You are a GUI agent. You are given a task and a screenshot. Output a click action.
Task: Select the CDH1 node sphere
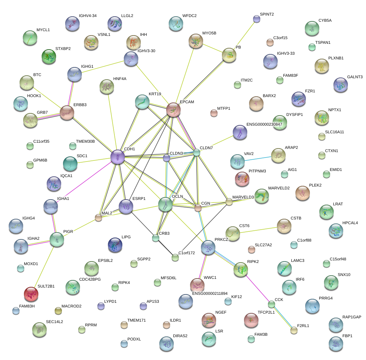(117, 157)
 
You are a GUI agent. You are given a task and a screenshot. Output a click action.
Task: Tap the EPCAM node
(173, 110)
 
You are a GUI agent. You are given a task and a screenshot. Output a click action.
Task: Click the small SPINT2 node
(256, 19)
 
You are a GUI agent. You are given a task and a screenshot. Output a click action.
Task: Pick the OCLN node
(165, 204)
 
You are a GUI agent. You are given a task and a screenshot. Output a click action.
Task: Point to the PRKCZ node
(208, 247)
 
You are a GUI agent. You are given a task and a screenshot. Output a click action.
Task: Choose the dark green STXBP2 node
(49, 56)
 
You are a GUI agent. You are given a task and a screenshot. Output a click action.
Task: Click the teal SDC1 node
(70, 164)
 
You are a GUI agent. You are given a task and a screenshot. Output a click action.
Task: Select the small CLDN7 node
(196, 153)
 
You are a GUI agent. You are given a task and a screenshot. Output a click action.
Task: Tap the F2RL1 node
(294, 330)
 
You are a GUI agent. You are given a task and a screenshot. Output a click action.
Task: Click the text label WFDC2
(189, 16)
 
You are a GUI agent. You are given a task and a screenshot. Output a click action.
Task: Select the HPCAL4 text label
(350, 223)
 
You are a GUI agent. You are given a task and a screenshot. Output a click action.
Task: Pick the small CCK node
(272, 304)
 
